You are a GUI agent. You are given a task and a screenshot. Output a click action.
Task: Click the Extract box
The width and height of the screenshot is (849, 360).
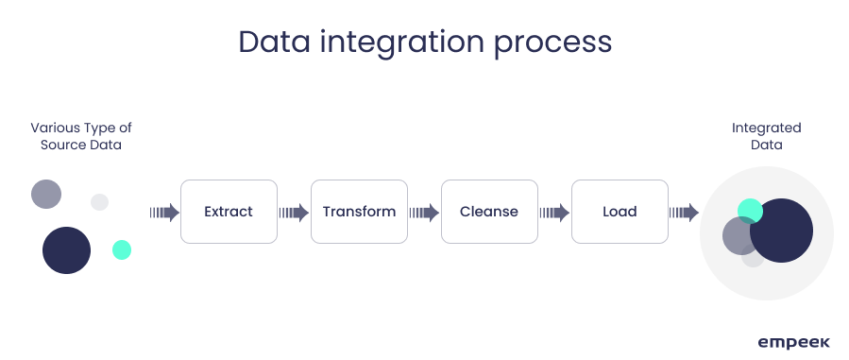click(x=229, y=212)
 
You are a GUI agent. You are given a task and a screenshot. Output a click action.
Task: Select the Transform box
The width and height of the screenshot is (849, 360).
click(x=359, y=212)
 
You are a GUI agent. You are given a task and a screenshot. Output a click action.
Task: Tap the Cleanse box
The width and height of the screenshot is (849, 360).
click(x=489, y=212)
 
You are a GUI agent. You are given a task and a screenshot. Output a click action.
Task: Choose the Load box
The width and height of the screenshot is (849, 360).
click(x=620, y=212)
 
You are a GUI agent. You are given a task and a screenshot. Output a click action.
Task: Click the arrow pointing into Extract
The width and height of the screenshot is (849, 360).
click(x=164, y=213)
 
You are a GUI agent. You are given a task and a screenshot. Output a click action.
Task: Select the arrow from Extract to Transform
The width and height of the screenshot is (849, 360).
click(x=294, y=213)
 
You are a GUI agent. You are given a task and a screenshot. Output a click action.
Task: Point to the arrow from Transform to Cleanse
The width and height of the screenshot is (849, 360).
click(x=425, y=213)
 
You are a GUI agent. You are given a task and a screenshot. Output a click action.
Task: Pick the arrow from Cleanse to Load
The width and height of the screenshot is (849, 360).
click(x=555, y=213)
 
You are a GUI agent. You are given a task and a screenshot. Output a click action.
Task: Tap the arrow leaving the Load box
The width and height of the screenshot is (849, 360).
click(x=684, y=213)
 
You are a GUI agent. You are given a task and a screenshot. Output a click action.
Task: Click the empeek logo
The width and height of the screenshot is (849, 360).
click(x=793, y=343)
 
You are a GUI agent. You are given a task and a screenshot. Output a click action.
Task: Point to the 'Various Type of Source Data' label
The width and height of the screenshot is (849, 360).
click(x=81, y=136)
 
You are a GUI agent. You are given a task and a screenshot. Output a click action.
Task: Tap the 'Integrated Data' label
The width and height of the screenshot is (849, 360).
click(x=766, y=136)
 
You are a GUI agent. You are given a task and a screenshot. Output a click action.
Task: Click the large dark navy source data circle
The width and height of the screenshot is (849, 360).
click(x=67, y=250)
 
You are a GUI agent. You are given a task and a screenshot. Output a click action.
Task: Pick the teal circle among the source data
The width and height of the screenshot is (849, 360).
click(x=122, y=250)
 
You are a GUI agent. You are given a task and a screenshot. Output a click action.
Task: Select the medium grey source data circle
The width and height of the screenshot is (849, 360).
click(x=46, y=195)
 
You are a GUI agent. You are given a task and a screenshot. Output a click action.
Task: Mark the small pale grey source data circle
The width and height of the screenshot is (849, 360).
click(x=99, y=202)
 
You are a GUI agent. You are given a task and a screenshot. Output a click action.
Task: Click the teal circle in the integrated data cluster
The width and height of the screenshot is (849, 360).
click(x=750, y=211)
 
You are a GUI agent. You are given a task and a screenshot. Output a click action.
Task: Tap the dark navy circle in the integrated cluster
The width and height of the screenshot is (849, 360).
click(x=781, y=231)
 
